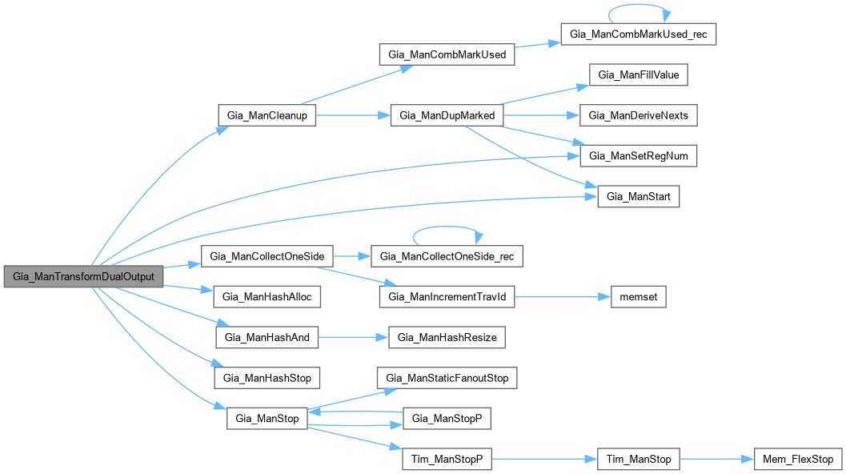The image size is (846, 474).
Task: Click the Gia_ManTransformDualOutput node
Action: coord(83,276)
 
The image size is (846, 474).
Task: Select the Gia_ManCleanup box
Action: coord(267,114)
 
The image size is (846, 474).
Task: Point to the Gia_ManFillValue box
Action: coord(639,74)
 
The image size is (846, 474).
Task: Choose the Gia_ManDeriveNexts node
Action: coord(639,114)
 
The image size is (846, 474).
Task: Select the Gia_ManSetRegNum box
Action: coord(639,155)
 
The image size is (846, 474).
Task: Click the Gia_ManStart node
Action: coord(639,195)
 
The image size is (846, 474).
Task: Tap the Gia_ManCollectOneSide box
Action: coord(267,256)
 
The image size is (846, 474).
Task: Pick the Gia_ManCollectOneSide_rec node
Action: coord(447,256)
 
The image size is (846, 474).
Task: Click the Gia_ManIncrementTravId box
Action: coord(447,297)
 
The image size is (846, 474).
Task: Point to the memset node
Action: coord(638,297)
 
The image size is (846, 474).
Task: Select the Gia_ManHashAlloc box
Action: coord(267,297)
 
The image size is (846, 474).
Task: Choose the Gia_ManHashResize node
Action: coord(447,337)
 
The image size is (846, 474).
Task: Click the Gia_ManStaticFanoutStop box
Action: coord(447,378)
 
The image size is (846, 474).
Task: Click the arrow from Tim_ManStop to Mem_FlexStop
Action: coord(717,459)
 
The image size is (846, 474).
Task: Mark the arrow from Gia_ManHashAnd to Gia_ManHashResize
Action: coord(353,337)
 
